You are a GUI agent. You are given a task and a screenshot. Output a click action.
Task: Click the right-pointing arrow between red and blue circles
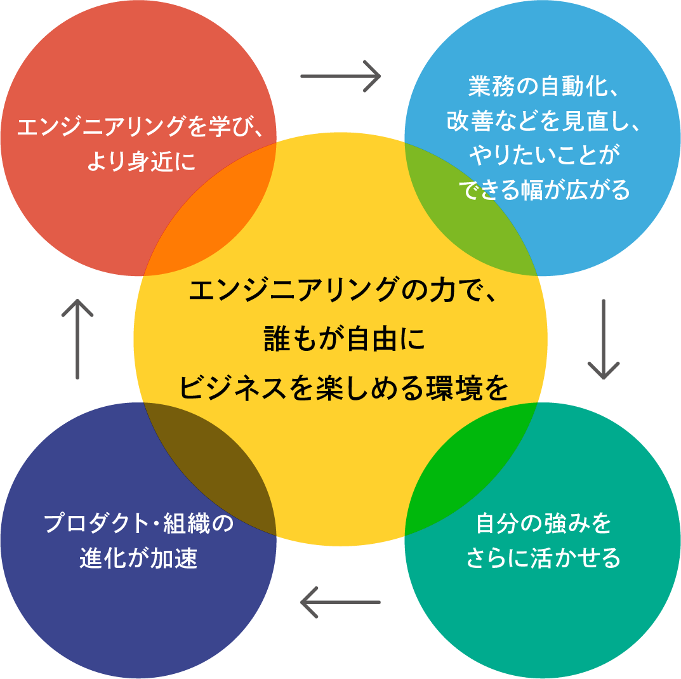[x=340, y=76]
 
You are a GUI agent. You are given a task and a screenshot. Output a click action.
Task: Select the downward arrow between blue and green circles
[x=603, y=339]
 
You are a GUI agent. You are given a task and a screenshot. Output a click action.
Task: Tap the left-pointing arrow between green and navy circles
[x=340, y=602]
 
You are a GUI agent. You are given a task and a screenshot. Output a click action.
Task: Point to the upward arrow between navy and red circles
[x=77, y=339]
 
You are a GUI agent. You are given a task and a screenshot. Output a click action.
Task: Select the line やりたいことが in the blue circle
[x=543, y=155]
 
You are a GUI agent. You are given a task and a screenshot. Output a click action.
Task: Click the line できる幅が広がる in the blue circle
[x=543, y=190]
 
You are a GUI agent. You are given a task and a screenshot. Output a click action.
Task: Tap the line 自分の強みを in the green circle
[x=543, y=524]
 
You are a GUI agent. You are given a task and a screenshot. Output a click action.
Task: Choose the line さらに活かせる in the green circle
[x=543, y=558]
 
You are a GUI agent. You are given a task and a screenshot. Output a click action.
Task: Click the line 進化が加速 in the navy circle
[x=138, y=558]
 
